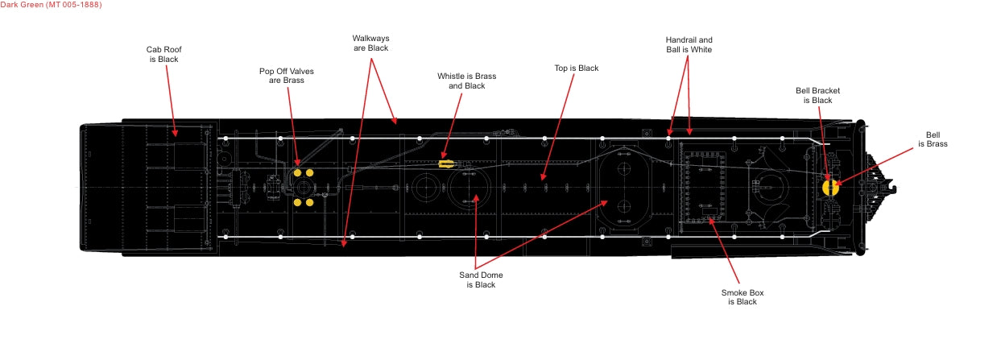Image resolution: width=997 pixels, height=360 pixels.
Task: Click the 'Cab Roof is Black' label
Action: [163, 54]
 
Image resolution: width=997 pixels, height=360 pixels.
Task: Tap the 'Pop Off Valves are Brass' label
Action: [287, 76]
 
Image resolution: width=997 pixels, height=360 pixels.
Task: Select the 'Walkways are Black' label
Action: [370, 43]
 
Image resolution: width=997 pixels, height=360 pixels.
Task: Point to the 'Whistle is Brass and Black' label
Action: [466, 81]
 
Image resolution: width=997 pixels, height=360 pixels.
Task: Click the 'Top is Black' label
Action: [577, 68]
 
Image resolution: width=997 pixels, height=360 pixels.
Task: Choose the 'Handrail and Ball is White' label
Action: [689, 45]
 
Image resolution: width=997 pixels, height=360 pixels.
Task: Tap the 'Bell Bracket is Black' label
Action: [817, 96]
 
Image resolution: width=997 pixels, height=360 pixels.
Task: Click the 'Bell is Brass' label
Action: [933, 139]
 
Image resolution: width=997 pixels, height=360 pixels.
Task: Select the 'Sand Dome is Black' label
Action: [481, 280]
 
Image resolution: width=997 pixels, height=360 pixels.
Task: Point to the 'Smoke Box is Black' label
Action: [743, 297]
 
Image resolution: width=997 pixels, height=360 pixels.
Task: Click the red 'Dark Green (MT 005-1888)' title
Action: [51, 5]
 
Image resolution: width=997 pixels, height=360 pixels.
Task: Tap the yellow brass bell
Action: [830, 188]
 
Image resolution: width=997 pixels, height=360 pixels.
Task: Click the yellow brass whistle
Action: [446, 163]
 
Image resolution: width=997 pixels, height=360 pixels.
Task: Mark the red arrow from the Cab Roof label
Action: [172, 101]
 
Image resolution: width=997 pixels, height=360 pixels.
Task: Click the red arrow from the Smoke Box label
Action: [724, 250]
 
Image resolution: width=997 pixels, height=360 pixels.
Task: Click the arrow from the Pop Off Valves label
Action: [292, 126]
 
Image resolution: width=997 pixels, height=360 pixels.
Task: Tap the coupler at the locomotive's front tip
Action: [886, 188]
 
